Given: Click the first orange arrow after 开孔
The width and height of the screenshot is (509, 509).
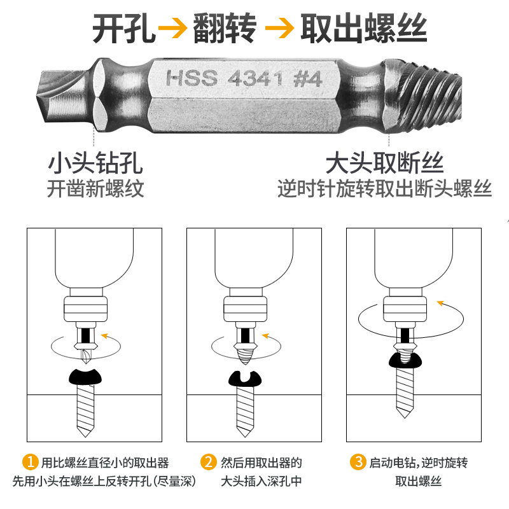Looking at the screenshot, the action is [174, 29].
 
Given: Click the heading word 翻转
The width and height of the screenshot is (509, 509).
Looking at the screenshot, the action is [225, 29].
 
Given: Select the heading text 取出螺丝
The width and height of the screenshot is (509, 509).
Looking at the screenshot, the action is [363, 29].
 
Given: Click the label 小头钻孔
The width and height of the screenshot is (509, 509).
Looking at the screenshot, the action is [95, 163].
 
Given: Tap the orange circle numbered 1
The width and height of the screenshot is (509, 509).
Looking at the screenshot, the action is [31, 462].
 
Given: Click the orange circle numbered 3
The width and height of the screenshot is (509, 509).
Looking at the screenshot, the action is [359, 462].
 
